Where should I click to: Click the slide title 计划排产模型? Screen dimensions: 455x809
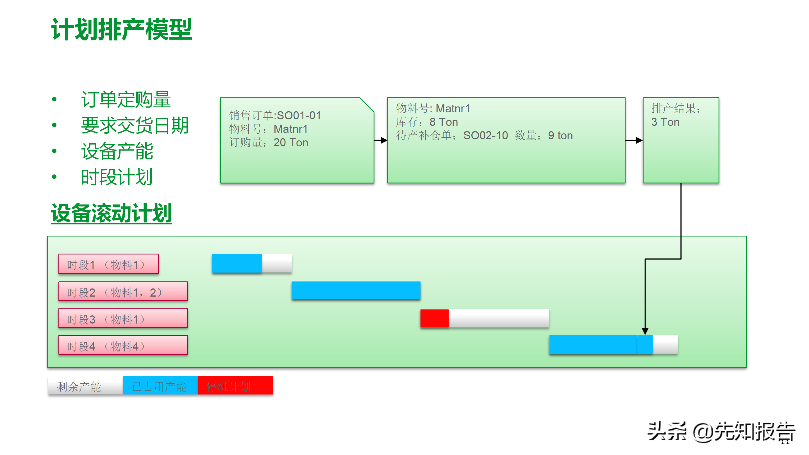coord(122,29)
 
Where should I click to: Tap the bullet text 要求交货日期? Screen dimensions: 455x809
coord(135,125)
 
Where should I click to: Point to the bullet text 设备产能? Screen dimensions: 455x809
coord(117,151)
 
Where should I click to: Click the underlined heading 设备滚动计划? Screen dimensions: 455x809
coord(112,213)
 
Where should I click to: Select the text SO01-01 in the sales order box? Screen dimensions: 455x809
coord(299,115)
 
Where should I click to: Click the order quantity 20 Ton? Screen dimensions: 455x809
coord(290,143)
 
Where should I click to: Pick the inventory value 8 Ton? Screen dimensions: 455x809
coord(444,122)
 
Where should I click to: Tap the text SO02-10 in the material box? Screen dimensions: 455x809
coord(485,135)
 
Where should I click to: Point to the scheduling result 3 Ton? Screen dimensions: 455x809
coord(665,122)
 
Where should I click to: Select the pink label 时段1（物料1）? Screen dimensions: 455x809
coord(109,264)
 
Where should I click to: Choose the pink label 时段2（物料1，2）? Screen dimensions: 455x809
coord(123,292)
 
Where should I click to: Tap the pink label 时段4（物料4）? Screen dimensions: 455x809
coord(123,345)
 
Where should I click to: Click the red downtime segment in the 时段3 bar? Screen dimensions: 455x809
coord(434,319)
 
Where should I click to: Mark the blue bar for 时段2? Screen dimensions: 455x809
coord(356,290)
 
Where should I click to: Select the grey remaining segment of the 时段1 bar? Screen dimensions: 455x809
coord(276,263)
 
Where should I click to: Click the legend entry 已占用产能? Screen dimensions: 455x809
coord(160,386)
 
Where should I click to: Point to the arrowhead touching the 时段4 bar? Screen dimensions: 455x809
coord(645,331)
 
